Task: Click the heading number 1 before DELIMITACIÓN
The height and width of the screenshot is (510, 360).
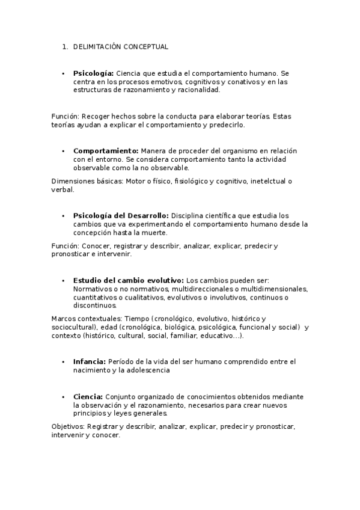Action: tap(64, 46)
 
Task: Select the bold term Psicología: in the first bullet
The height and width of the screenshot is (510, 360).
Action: tap(93, 73)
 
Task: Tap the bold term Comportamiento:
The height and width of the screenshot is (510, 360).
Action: tap(106, 150)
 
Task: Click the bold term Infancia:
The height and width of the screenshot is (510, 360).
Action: tap(90, 361)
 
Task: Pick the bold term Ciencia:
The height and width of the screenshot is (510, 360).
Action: tap(88, 397)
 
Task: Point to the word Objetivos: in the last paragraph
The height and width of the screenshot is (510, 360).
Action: tap(68, 426)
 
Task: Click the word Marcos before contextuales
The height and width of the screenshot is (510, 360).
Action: tap(64, 318)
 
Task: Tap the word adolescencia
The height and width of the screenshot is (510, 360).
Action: tap(149, 370)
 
